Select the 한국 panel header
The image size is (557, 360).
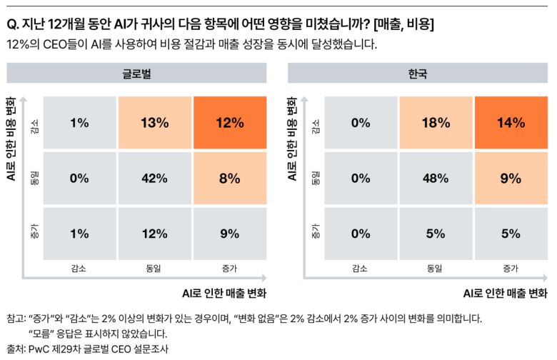418,74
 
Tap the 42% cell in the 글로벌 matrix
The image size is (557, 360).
154,179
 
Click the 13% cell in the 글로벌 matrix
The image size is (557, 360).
154,122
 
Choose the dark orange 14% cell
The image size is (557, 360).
511,122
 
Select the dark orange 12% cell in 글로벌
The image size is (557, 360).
229,122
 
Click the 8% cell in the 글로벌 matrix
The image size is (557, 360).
229,179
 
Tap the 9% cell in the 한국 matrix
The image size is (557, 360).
511,179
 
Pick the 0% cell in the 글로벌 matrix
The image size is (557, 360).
79,179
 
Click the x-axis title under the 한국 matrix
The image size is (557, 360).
505,293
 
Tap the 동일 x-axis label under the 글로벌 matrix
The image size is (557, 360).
154,269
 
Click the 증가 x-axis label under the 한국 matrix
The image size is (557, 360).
511,269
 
